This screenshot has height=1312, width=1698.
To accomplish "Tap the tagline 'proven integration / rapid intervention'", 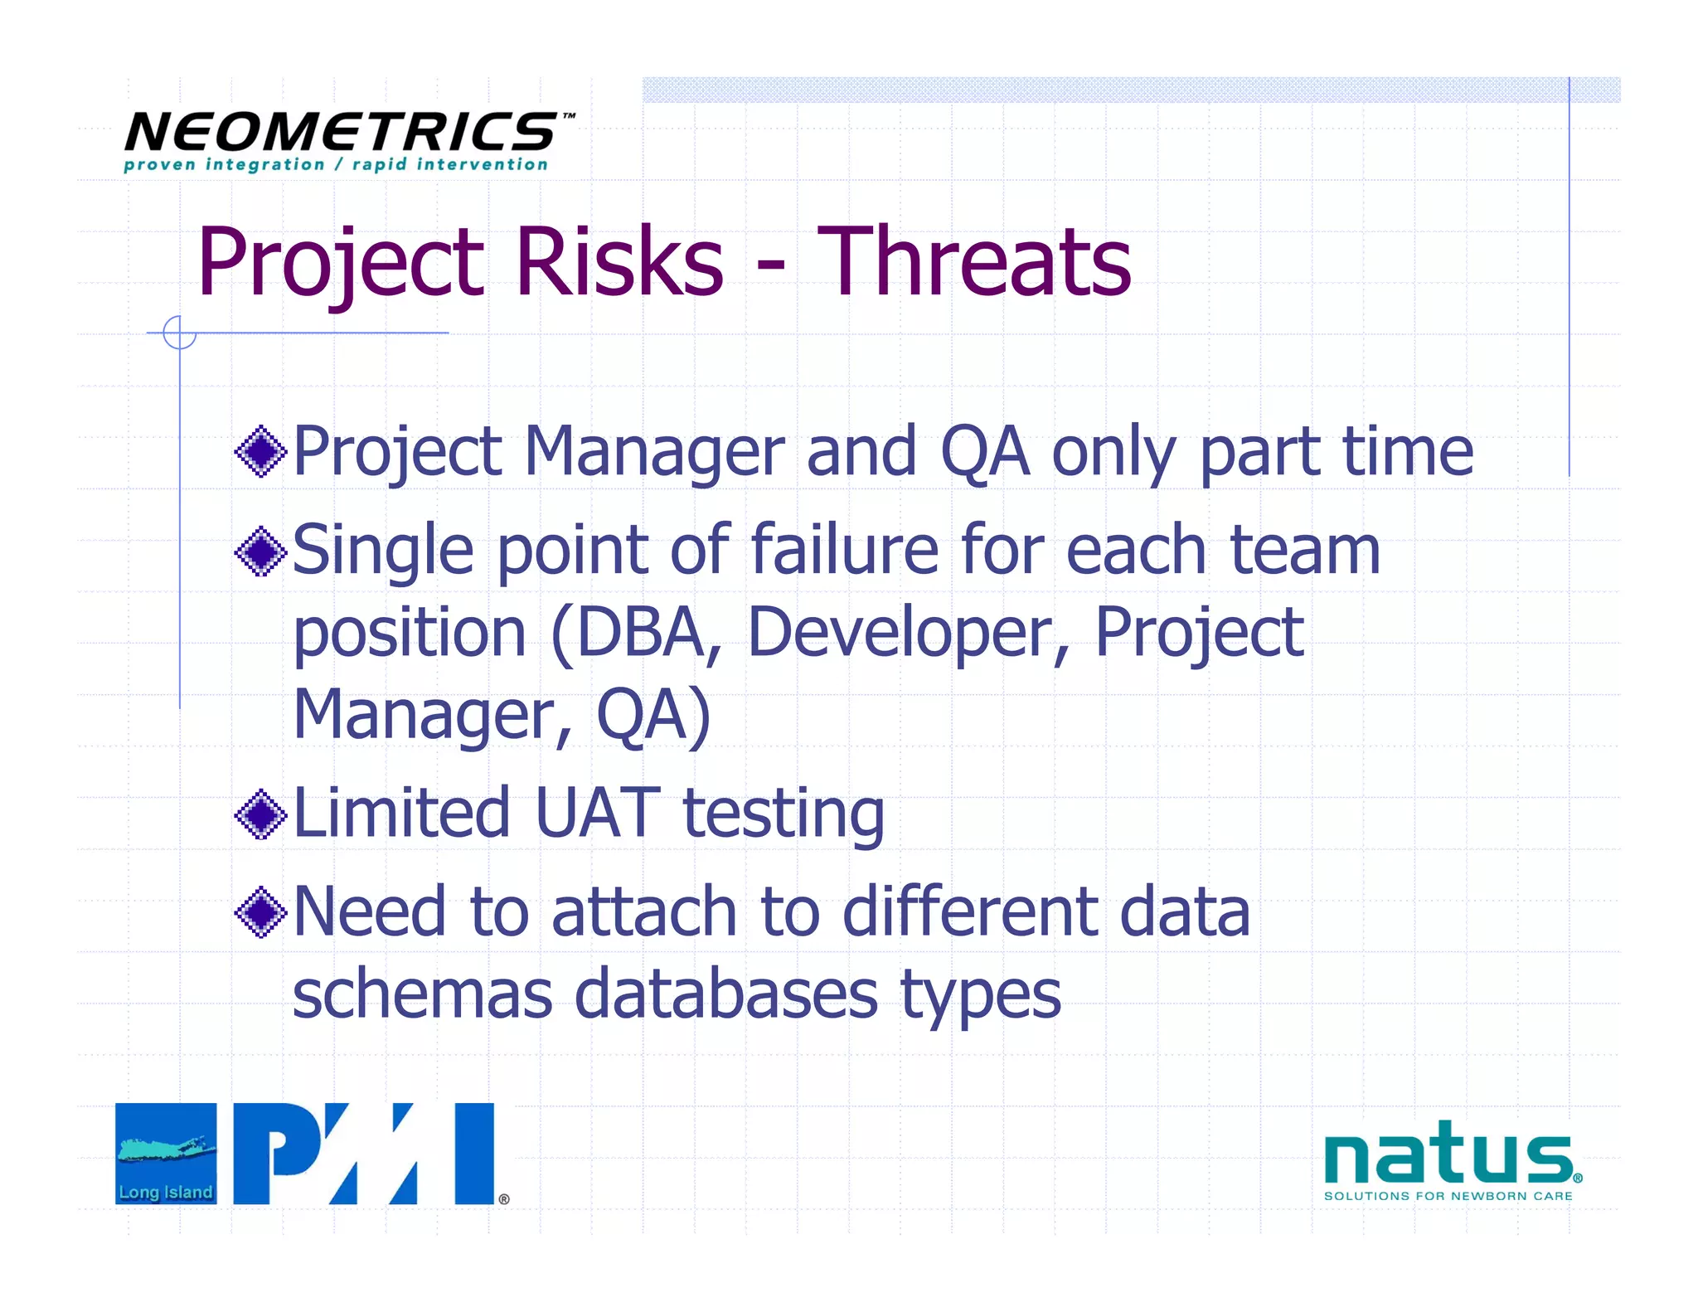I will coord(336,164).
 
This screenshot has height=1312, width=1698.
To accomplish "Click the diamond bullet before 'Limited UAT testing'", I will coord(261,814).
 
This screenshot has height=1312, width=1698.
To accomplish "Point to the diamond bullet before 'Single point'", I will coord(261,551).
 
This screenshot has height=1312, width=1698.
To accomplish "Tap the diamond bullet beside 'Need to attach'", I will coord(261,912).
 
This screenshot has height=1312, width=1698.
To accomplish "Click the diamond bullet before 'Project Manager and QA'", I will coord(261,452).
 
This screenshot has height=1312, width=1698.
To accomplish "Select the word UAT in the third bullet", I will coord(597,814).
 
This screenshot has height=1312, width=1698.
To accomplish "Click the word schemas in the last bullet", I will coord(422,994).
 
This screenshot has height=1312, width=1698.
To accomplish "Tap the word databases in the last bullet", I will coord(725,994).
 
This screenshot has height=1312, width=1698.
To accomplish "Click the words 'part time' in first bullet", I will coord(1336,452).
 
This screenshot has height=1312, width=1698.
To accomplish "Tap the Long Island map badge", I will coord(166,1154).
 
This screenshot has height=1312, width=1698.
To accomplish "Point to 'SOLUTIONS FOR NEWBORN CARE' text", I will coord(1448,1196).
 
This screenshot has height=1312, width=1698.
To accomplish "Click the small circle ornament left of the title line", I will coord(179,333).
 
